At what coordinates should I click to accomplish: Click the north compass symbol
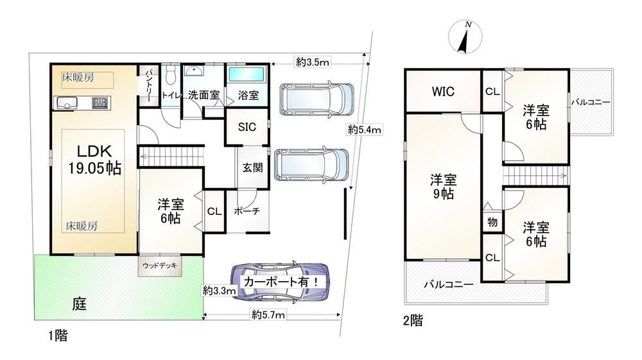tap(465, 37)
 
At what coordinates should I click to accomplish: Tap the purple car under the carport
tap(281, 282)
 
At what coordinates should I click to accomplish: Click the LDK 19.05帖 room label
tap(94, 160)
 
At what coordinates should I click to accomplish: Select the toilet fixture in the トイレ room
tap(171, 74)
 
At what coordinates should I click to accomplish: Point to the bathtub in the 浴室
tap(247, 75)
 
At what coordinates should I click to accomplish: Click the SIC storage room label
tap(247, 127)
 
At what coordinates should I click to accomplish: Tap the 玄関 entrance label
tap(252, 167)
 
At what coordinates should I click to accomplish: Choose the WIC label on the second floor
tap(443, 92)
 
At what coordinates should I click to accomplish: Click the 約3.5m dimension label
tap(313, 62)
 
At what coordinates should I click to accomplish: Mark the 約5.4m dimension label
tap(365, 130)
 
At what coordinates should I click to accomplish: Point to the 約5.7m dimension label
tap(268, 315)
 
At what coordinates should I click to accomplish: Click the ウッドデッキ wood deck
tap(160, 266)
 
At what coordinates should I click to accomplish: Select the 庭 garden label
tap(80, 304)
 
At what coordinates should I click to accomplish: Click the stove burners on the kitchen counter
tap(100, 103)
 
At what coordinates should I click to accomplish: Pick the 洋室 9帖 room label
tap(443, 186)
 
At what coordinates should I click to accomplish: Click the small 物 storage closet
tap(492, 221)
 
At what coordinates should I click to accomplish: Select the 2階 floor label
tap(413, 320)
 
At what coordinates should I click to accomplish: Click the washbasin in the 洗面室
tap(194, 71)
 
